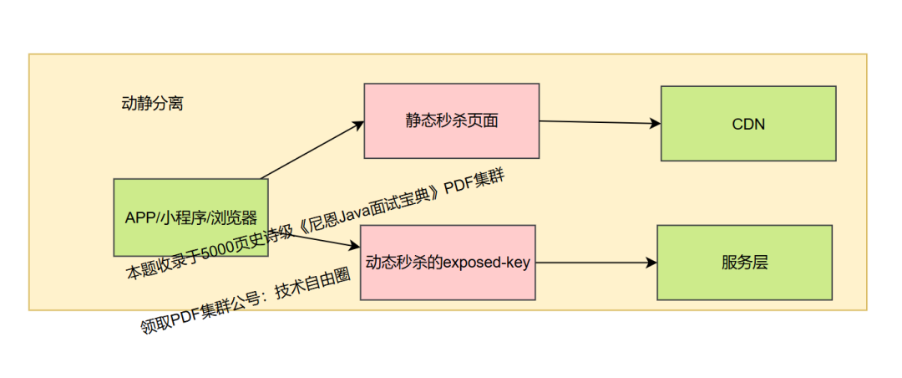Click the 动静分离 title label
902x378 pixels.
152,105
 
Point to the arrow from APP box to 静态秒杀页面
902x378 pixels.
312,150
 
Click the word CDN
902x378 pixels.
748,125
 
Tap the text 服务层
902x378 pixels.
744,263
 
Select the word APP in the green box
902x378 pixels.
139,217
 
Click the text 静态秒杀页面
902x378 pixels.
451,120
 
